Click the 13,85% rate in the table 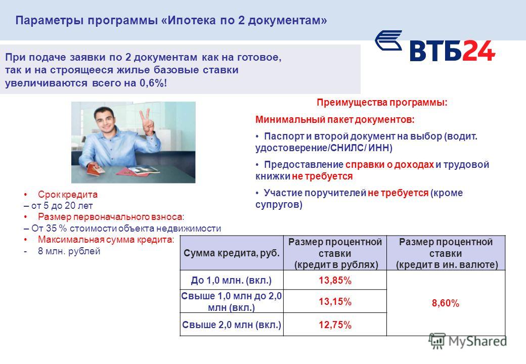tap(335, 280)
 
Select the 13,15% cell tap(335, 301)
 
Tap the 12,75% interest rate tap(335, 325)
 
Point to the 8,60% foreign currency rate tap(446, 303)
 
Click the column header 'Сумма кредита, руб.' tap(232, 253)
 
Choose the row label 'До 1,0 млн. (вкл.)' tap(231, 280)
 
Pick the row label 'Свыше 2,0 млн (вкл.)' tap(232, 325)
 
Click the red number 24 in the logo tap(478, 51)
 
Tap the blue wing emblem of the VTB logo tap(388, 40)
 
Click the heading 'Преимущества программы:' tap(382, 103)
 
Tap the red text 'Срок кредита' tap(67, 195)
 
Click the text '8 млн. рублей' tap(69, 251)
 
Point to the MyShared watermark tap(468, 341)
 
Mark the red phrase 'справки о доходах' tap(389, 165)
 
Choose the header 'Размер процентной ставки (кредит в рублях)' tap(335, 253)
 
